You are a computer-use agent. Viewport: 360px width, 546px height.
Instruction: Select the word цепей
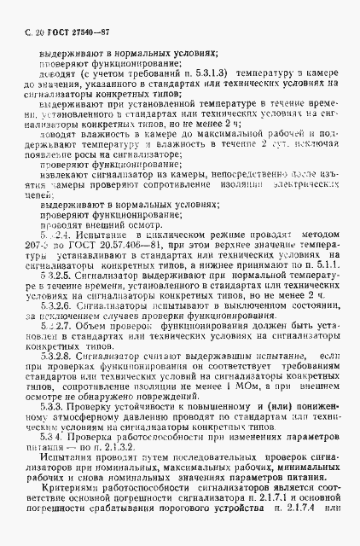39,195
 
